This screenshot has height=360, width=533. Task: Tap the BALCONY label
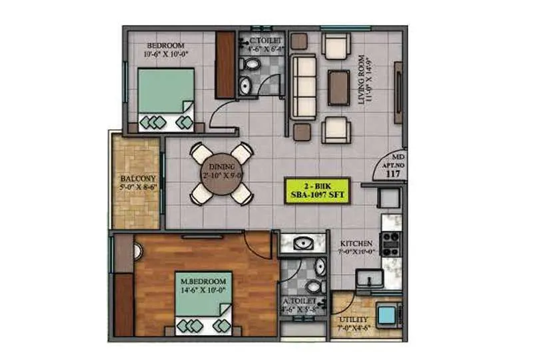138,179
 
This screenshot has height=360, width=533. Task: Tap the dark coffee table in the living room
338,87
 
